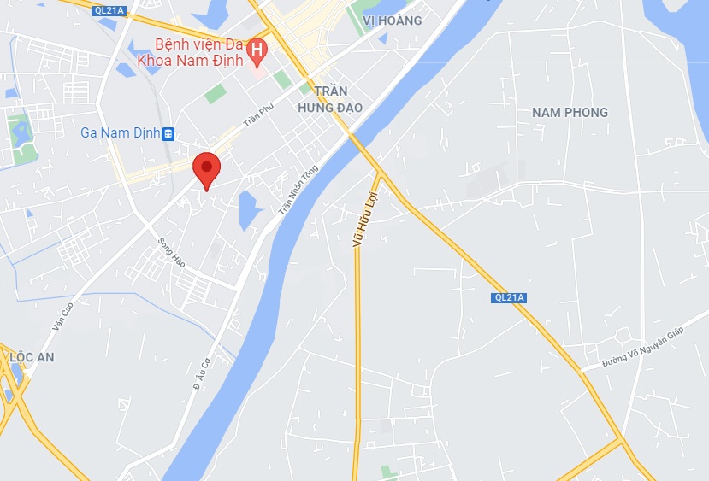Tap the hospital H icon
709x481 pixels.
pyautogui.click(x=255, y=53)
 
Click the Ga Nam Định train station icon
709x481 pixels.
pyautogui.click(x=168, y=133)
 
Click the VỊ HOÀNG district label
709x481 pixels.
pyautogui.click(x=392, y=21)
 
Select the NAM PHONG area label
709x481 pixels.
pyautogui.click(x=570, y=113)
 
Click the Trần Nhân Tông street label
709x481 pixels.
pyautogui.click(x=298, y=190)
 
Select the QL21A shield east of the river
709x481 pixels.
pyautogui.click(x=508, y=297)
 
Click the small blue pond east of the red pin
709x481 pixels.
pyautogui.click(x=250, y=209)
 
